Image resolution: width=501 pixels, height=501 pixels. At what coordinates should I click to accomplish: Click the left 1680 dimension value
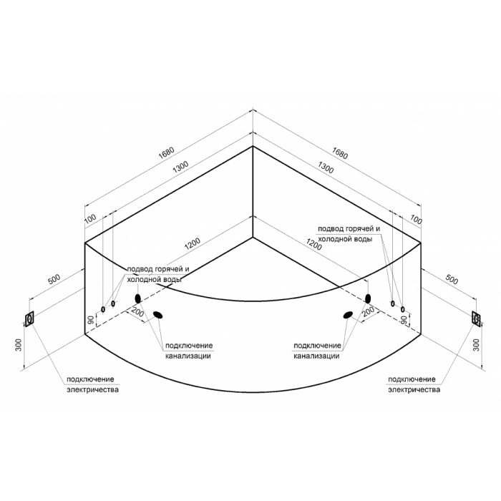(167, 152)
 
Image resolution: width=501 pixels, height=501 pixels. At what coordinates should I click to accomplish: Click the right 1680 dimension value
(339, 152)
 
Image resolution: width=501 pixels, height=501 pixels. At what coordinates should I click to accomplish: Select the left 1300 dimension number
(180, 167)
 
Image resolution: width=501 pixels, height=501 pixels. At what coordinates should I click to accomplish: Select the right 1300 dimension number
(325, 167)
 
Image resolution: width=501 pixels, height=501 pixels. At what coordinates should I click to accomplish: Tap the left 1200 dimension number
(193, 243)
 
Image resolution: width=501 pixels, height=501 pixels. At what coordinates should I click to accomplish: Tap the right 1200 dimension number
(313, 245)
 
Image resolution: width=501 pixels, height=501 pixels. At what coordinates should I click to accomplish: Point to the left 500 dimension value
(54, 280)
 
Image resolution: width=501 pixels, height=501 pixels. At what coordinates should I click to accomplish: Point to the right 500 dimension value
(452, 280)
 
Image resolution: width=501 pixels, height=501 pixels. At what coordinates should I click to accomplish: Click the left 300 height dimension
(19, 345)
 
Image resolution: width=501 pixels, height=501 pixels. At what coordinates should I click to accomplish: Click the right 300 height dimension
(477, 345)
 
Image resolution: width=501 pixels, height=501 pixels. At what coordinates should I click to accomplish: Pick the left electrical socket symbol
(30, 319)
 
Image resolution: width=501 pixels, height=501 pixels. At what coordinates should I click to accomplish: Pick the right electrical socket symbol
(477, 318)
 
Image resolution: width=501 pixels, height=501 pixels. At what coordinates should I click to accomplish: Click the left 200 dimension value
(137, 313)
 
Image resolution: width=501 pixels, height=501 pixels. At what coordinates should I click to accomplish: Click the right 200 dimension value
(369, 311)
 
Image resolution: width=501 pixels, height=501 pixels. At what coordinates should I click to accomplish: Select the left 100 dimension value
(90, 218)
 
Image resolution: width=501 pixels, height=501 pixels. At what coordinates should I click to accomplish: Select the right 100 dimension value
(416, 220)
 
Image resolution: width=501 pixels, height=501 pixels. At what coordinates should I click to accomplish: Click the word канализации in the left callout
(188, 356)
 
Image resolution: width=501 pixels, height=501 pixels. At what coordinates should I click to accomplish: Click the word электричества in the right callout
(414, 390)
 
